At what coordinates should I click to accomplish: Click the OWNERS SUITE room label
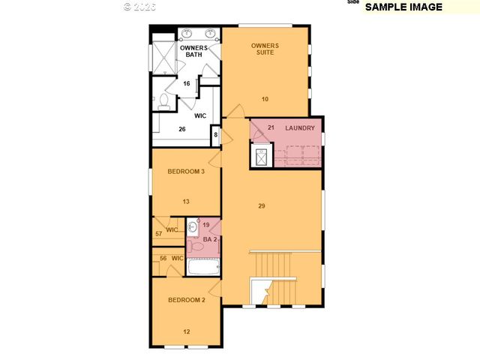click(264, 49)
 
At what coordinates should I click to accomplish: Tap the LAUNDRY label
click(299, 128)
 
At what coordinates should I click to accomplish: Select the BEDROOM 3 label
click(186, 172)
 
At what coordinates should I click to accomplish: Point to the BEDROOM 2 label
click(186, 300)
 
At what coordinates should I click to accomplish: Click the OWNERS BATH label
click(193, 51)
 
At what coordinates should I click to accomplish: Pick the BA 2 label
click(209, 239)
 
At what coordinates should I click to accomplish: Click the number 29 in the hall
click(261, 205)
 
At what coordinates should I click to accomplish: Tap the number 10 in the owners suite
click(265, 99)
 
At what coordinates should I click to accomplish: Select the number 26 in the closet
click(181, 129)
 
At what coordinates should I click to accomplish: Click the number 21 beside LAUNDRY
click(271, 127)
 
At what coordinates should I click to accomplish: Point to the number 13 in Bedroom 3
click(186, 201)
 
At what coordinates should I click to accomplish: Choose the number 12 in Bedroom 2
click(186, 331)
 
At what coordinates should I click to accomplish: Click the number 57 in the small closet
click(159, 234)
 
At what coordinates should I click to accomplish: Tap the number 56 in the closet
click(163, 259)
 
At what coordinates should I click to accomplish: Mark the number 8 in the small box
click(215, 135)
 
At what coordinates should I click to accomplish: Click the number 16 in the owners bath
click(186, 83)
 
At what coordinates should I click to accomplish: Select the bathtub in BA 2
click(202, 266)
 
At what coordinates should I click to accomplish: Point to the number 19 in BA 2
click(205, 225)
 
